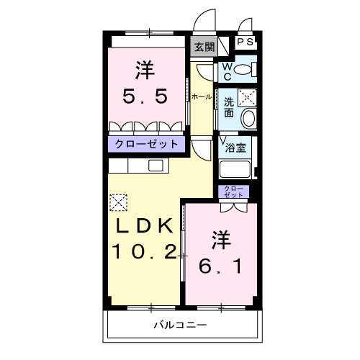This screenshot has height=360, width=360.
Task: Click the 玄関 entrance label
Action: [204, 47]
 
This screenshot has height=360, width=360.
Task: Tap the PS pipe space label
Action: [246, 42]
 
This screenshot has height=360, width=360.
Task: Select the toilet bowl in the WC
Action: [243, 69]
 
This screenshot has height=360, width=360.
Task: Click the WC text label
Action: [227, 71]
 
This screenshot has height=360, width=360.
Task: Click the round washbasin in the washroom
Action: [249, 118]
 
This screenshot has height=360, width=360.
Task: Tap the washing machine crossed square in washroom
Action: [247, 97]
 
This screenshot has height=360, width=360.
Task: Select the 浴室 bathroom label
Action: [235, 148]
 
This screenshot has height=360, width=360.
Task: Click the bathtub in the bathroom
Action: [235, 169]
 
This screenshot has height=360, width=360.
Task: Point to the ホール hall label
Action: [202, 96]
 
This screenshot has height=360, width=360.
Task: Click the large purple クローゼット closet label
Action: [146, 144]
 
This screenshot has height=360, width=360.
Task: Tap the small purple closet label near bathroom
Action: [233, 192]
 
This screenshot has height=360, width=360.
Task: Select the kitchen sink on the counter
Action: [156, 165]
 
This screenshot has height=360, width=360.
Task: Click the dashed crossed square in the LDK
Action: [118, 202]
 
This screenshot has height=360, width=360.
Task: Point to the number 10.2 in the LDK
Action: [145, 252]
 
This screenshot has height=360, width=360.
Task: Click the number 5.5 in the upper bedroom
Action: [145, 96]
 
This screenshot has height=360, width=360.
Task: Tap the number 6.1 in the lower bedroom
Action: [220, 266]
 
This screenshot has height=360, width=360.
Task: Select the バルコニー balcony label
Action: [180, 325]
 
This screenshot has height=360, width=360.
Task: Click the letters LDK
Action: [145, 226]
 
